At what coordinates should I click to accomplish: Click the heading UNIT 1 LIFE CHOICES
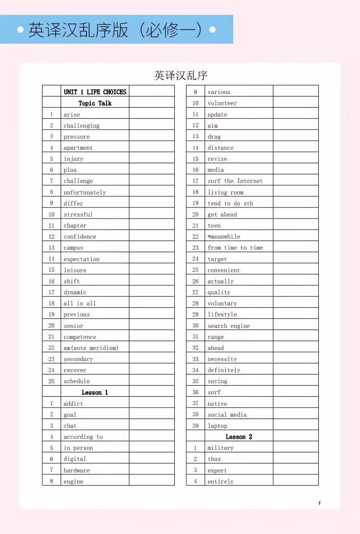click(x=95, y=92)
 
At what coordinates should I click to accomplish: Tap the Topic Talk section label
click(x=95, y=103)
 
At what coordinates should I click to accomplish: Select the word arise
click(x=72, y=114)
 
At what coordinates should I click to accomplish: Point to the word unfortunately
click(x=84, y=192)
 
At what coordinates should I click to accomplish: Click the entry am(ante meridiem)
click(x=91, y=348)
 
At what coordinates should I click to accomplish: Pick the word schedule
click(x=77, y=381)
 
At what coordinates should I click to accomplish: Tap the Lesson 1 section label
click(x=95, y=392)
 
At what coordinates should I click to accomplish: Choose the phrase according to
click(x=83, y=437)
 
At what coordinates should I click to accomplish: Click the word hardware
click(x=77, y=471)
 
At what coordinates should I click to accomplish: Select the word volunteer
click(x=222, y=103)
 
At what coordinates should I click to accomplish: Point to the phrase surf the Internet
click(x=235, y=181)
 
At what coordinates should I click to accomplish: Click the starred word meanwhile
click(x=224, y=237)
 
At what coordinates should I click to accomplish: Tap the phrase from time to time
click(x=235, y=248)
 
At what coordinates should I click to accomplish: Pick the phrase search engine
click(x=228, y=326)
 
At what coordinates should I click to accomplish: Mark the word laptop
click(x=217, y=426)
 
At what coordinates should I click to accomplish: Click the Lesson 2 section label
click(x=239, y=437)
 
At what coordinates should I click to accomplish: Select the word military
click(x=221, y=448)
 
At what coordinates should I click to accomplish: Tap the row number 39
click(x=195, y=426)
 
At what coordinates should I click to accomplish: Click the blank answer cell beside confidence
click(x=152, y=237)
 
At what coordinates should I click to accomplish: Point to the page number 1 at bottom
click(x=319, y=503)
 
